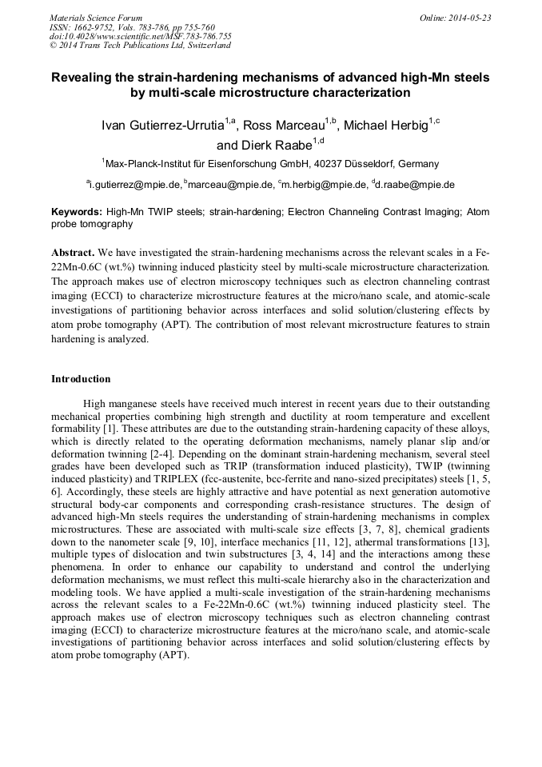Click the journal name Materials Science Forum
tap(96, 18)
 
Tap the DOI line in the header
tap(141, 36)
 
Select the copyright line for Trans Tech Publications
tap(140, 46)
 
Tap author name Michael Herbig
tap(386, 126)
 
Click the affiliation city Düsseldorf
tap(365, 164)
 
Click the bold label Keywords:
tap(77, 212)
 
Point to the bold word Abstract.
tap(74, 251)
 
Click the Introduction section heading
tap(81, 378)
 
